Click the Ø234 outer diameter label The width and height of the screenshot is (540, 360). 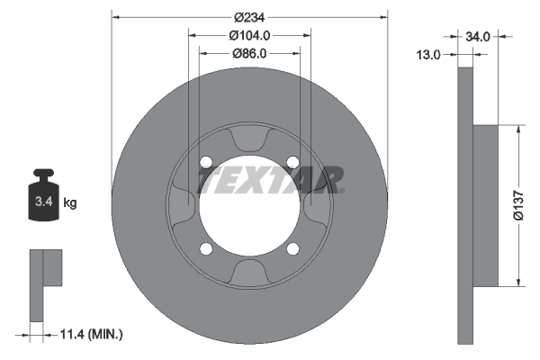point(249,17)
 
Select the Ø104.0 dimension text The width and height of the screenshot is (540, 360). point(249,35)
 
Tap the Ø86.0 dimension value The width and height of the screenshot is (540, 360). point(249,54)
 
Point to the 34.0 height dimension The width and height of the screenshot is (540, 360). point(478,36)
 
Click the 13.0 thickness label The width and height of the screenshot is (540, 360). point(428,54)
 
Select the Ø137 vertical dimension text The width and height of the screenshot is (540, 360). point(518,205)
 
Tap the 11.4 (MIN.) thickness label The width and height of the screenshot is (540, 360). point(91,334)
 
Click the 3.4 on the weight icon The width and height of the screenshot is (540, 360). point(44,202)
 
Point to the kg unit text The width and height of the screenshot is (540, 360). point(70,202)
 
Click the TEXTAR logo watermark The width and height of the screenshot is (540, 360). point(270,180)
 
